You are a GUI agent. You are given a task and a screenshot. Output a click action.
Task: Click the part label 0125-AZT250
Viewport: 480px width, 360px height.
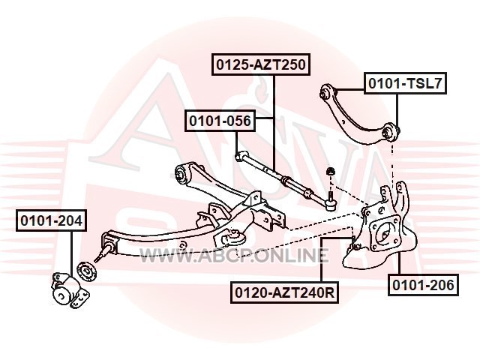(x=261, y=64)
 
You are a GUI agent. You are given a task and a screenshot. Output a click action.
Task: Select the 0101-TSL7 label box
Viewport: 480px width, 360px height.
(x=405, y=83)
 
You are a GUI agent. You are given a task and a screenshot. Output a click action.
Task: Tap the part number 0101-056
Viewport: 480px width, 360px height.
(x=220, y=121)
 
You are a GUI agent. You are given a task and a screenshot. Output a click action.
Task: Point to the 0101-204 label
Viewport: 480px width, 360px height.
(x=52, y=220)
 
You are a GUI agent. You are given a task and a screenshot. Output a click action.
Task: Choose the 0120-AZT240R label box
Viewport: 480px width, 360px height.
(x=285, y=292)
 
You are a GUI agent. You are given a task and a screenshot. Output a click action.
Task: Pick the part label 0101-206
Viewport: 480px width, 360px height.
(x=423, y=285)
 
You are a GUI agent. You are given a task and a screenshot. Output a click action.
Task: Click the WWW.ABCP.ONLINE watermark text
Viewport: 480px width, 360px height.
(x=234, y=256)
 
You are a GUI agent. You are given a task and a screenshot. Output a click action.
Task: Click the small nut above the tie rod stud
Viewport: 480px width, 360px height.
(x=330, y=171)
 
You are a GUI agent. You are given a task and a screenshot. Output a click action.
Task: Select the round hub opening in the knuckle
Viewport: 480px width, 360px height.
(x=385, y=234)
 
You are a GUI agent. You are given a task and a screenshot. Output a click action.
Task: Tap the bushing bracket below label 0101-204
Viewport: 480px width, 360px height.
(x=70, y=289)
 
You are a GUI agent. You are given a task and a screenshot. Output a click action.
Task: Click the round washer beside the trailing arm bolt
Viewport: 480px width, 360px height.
(x=87, y=272)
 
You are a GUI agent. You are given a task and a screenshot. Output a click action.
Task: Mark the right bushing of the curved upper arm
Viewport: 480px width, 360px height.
(x=390, y=132)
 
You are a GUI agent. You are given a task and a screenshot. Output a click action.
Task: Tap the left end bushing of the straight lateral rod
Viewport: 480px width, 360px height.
(x=240, y=156)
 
